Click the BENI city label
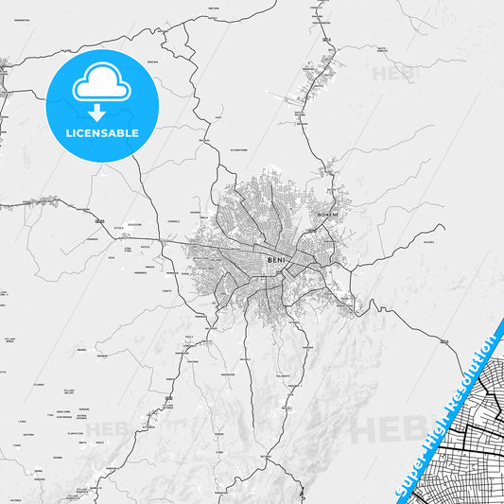(277, 259)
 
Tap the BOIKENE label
(328, 215)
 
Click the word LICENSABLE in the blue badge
(101, 132)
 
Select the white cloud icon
(101, 87)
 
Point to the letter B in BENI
(270, 259)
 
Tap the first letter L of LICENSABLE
(67, 132)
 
